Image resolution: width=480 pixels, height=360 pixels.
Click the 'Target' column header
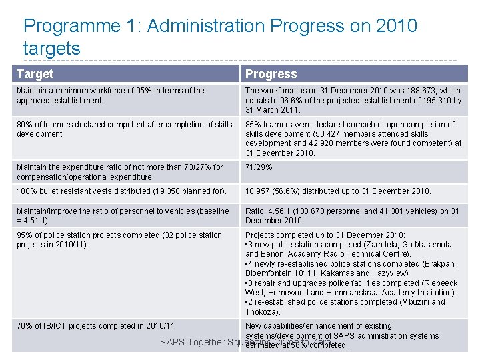click(x=35, y=74)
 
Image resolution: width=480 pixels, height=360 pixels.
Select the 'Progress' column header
click(x=271, y=74)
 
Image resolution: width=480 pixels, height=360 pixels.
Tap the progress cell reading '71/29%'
click(x=259, y=168)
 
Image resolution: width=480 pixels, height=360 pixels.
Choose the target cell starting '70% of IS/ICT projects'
click(x=95, y=326)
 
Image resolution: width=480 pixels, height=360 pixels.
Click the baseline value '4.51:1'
click(x=30, y=221)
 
